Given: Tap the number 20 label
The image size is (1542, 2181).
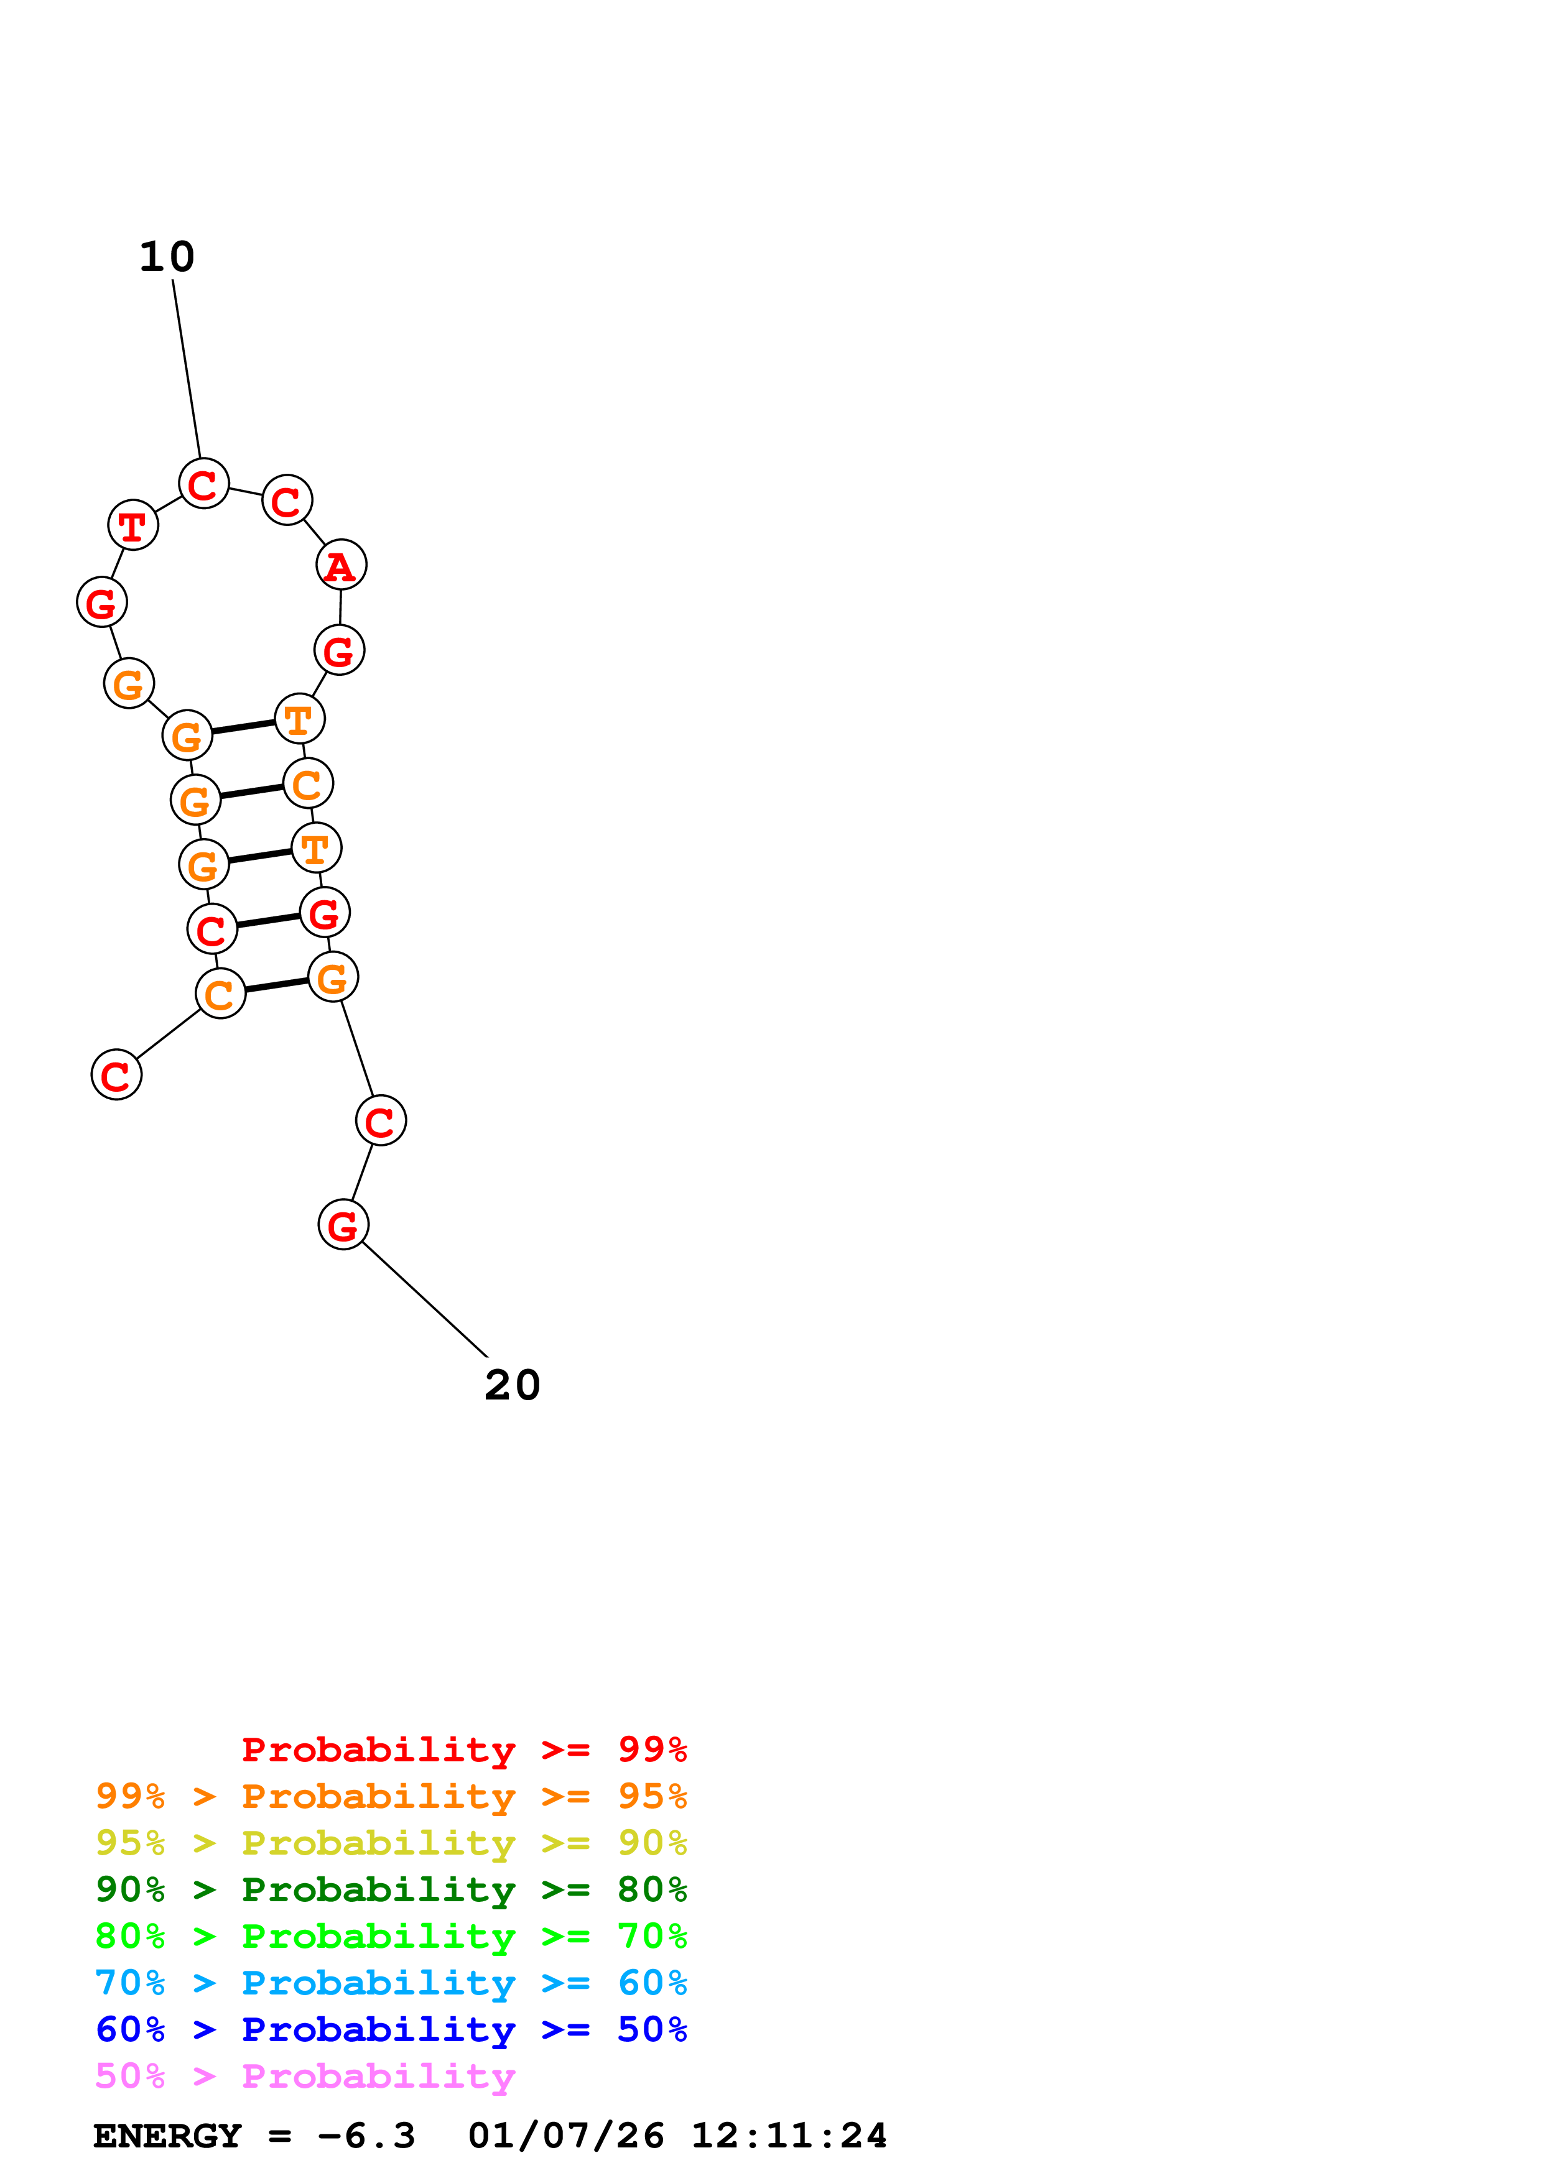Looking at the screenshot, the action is (512, 1386).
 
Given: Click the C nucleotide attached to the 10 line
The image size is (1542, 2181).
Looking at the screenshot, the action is (204, 484).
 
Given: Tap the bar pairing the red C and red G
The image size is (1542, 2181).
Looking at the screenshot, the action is (269, 921).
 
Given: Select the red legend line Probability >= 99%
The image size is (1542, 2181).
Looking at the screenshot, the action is (463, 1750).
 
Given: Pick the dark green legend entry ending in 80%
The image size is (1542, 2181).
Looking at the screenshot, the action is (391, 1889).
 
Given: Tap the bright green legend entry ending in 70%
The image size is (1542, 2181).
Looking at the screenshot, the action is (391, 1936).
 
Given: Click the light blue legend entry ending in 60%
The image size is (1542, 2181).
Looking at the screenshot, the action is (391, 1983).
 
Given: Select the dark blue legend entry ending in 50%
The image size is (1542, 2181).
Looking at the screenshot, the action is (391, 2029).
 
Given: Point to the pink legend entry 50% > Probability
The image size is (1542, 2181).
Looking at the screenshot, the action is (305, 2077).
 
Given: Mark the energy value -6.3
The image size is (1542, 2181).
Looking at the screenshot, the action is (367, 2136).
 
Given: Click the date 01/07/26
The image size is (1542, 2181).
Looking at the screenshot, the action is (565, 2136).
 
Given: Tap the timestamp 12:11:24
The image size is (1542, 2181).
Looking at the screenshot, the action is (789, 2136).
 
